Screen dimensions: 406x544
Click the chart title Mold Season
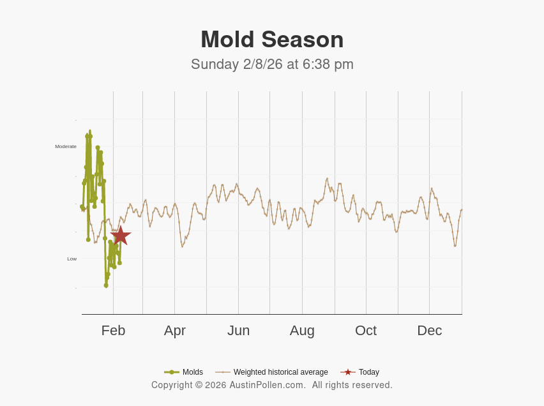pos(272,40)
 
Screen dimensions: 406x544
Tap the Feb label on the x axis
pos(113,331)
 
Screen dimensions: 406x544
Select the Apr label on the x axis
pos(174,331)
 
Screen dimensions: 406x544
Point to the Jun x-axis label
pos(238,331)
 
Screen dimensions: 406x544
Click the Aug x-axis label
pos(302,331)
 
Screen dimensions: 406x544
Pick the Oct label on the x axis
pos(366,331)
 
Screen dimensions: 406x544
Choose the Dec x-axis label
pos(429,331)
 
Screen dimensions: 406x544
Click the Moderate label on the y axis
pos(66,147)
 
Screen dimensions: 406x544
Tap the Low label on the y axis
pos(72,259)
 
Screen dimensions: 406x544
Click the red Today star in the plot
pos(120,236)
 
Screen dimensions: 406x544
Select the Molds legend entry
pos(192,372)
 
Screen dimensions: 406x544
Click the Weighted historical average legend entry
pos(280,372)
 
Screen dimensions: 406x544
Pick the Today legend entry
pos(368,372)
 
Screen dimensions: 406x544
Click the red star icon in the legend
pos(348,372)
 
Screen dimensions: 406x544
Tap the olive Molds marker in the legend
pos(172,372)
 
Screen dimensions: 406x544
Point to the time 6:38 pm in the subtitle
pos(328,64)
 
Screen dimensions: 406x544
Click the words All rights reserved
pos(352,385)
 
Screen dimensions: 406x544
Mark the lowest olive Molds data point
pos(106,285)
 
